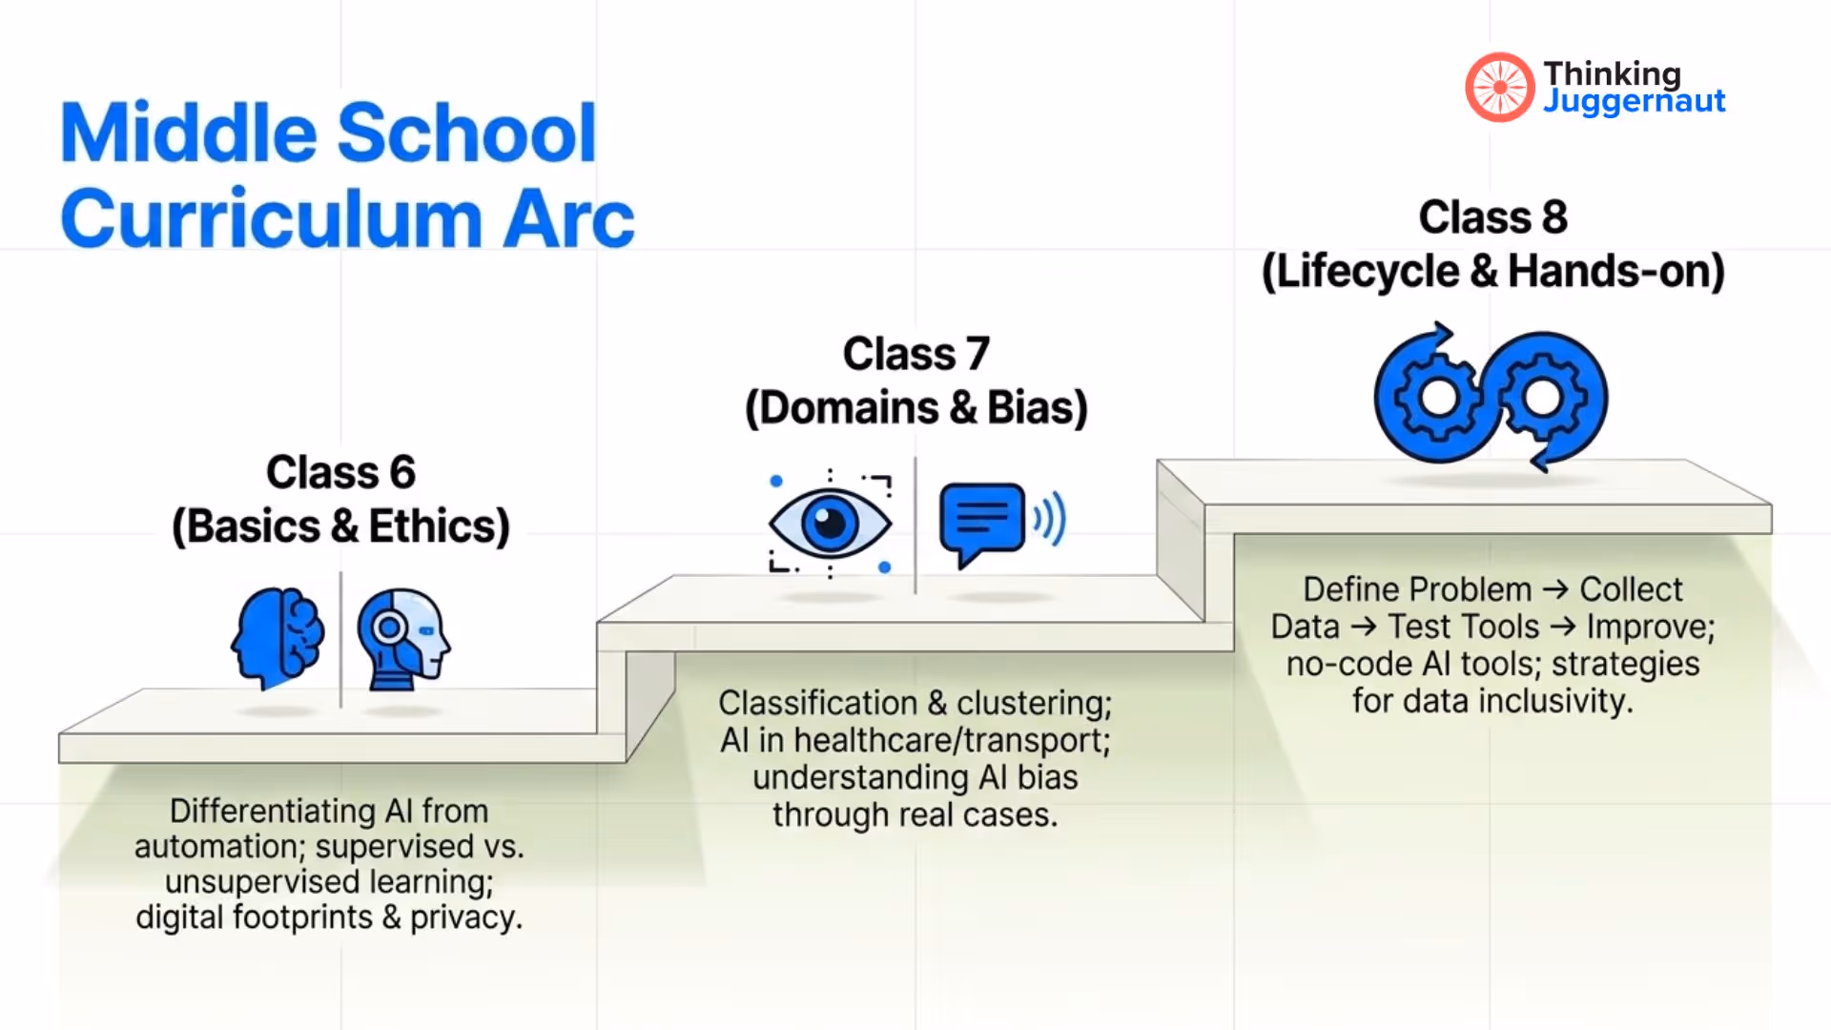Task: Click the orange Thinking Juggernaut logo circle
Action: point(1499,88)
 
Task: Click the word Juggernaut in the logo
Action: point(1634,101)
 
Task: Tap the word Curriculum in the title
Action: point(271,219)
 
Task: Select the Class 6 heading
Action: point(340,473)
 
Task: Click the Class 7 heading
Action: point(915,355)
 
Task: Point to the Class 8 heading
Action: point(1492,217)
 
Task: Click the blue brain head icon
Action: point(278,637)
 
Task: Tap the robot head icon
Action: point(403,637)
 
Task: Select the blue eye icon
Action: point(830,523)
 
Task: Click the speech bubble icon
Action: point(982,523)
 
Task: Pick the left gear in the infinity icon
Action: point(1438,398)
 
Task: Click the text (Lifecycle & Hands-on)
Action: point(1492,272)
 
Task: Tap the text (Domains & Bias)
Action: point(915,408)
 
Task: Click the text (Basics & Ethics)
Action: point(340,526)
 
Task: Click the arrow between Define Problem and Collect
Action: point(1555,590)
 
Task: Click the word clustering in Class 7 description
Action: point(1034,704)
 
